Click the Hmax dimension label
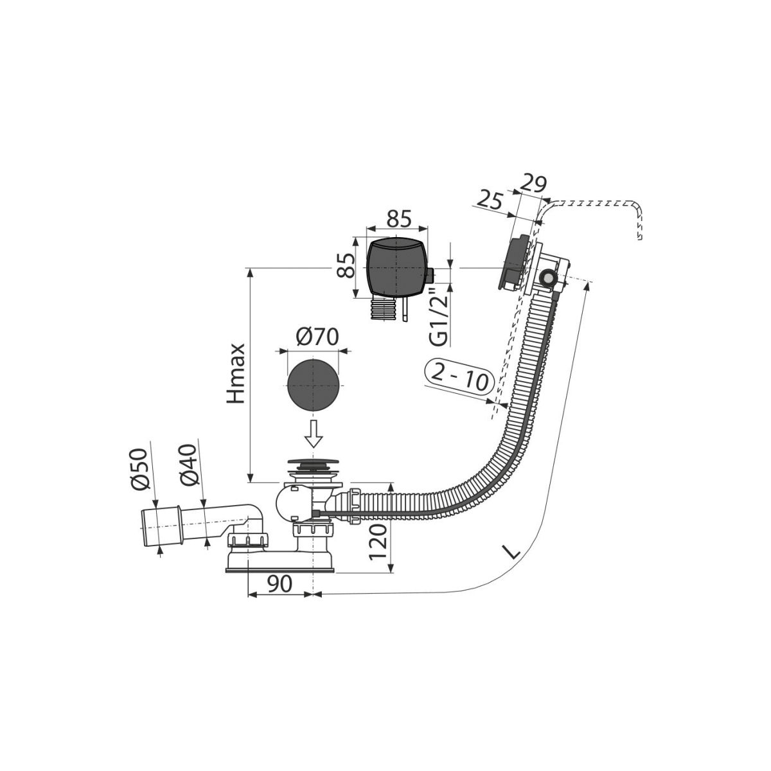pyautogui.click(x=236, y=368)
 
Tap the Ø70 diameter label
pyautogui.click(x=317, y=337)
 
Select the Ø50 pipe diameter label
pyautogui.click(x=140, y=468)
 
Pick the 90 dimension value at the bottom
pyautogui.click(x=279, y=584)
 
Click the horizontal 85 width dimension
pyautogui.click(x=399, y=219)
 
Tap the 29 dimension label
pyautogui.click(x=533, y=184)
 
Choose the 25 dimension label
pyautogui.click(x=489, y=200)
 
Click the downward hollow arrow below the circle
pyautogui.click(x=314, y=434)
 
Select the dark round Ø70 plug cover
pyautogui.click(x=314, y=385)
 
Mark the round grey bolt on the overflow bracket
pyautogui.click(x=547, y=278)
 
